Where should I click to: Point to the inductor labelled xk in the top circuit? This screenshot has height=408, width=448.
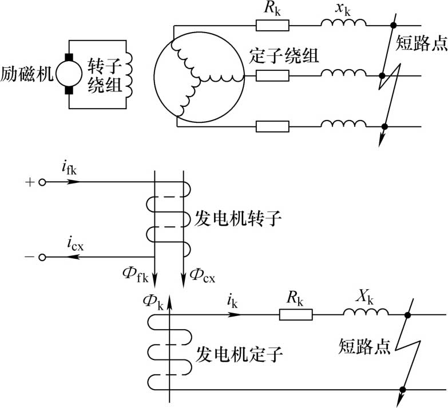tap(343, 22)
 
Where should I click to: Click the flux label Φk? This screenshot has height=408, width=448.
tap(155, 301)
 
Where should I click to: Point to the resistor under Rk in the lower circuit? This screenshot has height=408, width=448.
tap(296, 314)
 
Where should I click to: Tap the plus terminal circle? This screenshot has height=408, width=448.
tap(42, 183)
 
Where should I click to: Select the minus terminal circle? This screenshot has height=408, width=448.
tap(42, 258)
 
